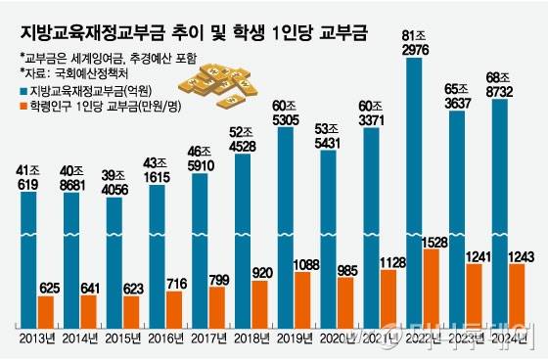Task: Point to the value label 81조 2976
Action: coord(414,44)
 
